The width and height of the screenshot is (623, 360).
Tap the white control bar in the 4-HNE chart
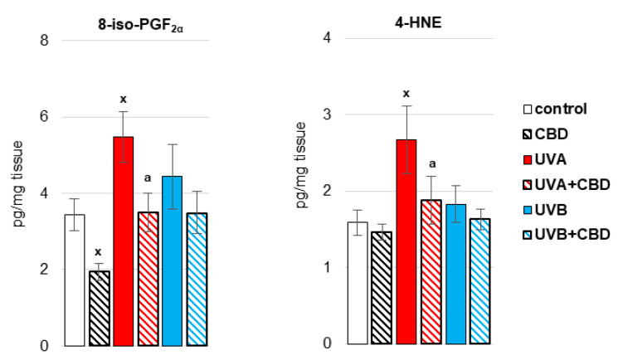coord(358,282)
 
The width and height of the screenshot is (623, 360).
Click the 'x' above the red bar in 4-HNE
coord(406,94)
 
